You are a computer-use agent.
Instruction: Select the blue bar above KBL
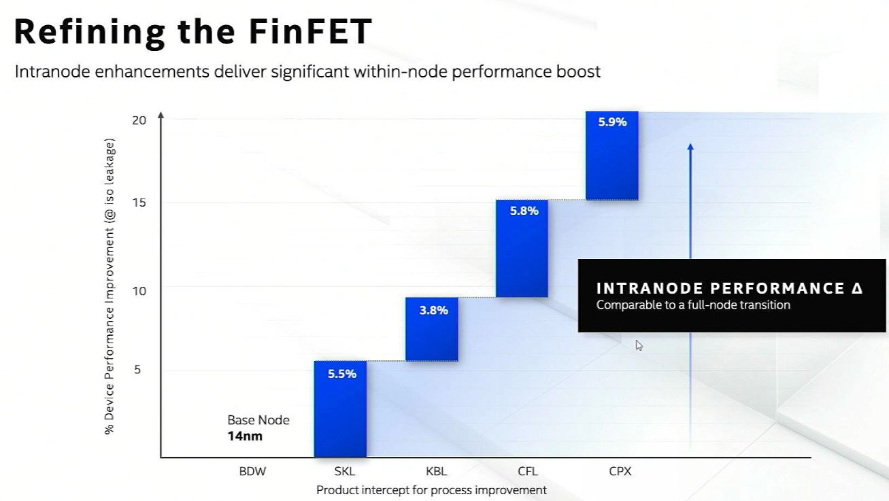pos(431,333)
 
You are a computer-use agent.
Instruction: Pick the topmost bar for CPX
pos(611,160)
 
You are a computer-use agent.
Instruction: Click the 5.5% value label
pos(341,374)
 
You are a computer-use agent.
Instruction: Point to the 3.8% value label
pos(433,311)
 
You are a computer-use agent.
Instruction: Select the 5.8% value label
pos(524,211)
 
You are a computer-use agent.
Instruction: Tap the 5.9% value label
pos(612,122)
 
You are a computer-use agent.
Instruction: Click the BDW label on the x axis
pos(252,471)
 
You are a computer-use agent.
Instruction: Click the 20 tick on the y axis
pos(139,120)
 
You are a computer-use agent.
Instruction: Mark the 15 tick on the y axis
pos(139,203)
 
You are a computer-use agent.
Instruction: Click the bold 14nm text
pos(245,436)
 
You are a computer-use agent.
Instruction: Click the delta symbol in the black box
pos(856,288)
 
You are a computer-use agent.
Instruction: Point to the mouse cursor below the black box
pos(639,345)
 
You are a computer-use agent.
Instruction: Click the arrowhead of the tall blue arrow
pos(690,146)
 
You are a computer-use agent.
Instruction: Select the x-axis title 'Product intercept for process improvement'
pos(431,490)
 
